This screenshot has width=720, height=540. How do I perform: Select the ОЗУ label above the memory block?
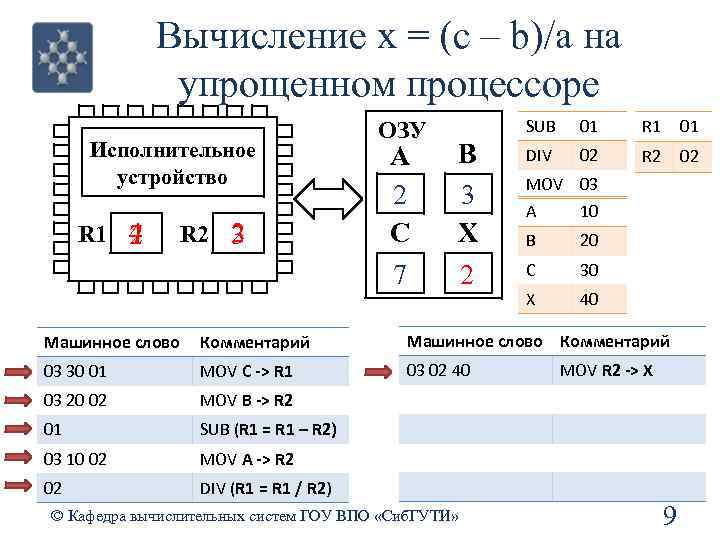pos(403,129)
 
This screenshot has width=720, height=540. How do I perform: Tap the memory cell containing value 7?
pos(400,273)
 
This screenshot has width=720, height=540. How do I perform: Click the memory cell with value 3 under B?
pos(466,194)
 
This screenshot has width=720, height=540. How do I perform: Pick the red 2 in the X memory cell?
pos(466,273)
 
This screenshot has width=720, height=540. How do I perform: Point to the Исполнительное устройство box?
pos(173,164)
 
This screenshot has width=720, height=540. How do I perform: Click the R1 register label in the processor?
pos(92,235)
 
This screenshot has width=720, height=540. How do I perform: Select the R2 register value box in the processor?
pos(238,235)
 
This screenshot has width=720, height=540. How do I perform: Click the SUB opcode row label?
pos(541,127)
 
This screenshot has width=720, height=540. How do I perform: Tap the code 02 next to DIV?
pos(588,155)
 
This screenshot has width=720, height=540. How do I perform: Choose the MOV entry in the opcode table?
pos(544,184)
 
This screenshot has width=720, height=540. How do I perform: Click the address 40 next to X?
pos(588,298)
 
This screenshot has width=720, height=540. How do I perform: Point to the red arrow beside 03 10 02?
pos(17,459)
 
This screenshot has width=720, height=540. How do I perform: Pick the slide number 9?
pos(669,516)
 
